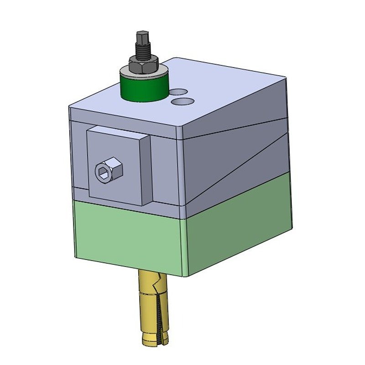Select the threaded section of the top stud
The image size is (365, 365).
141,51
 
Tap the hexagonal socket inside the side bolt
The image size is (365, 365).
102,172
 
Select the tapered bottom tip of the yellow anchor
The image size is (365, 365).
151,340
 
